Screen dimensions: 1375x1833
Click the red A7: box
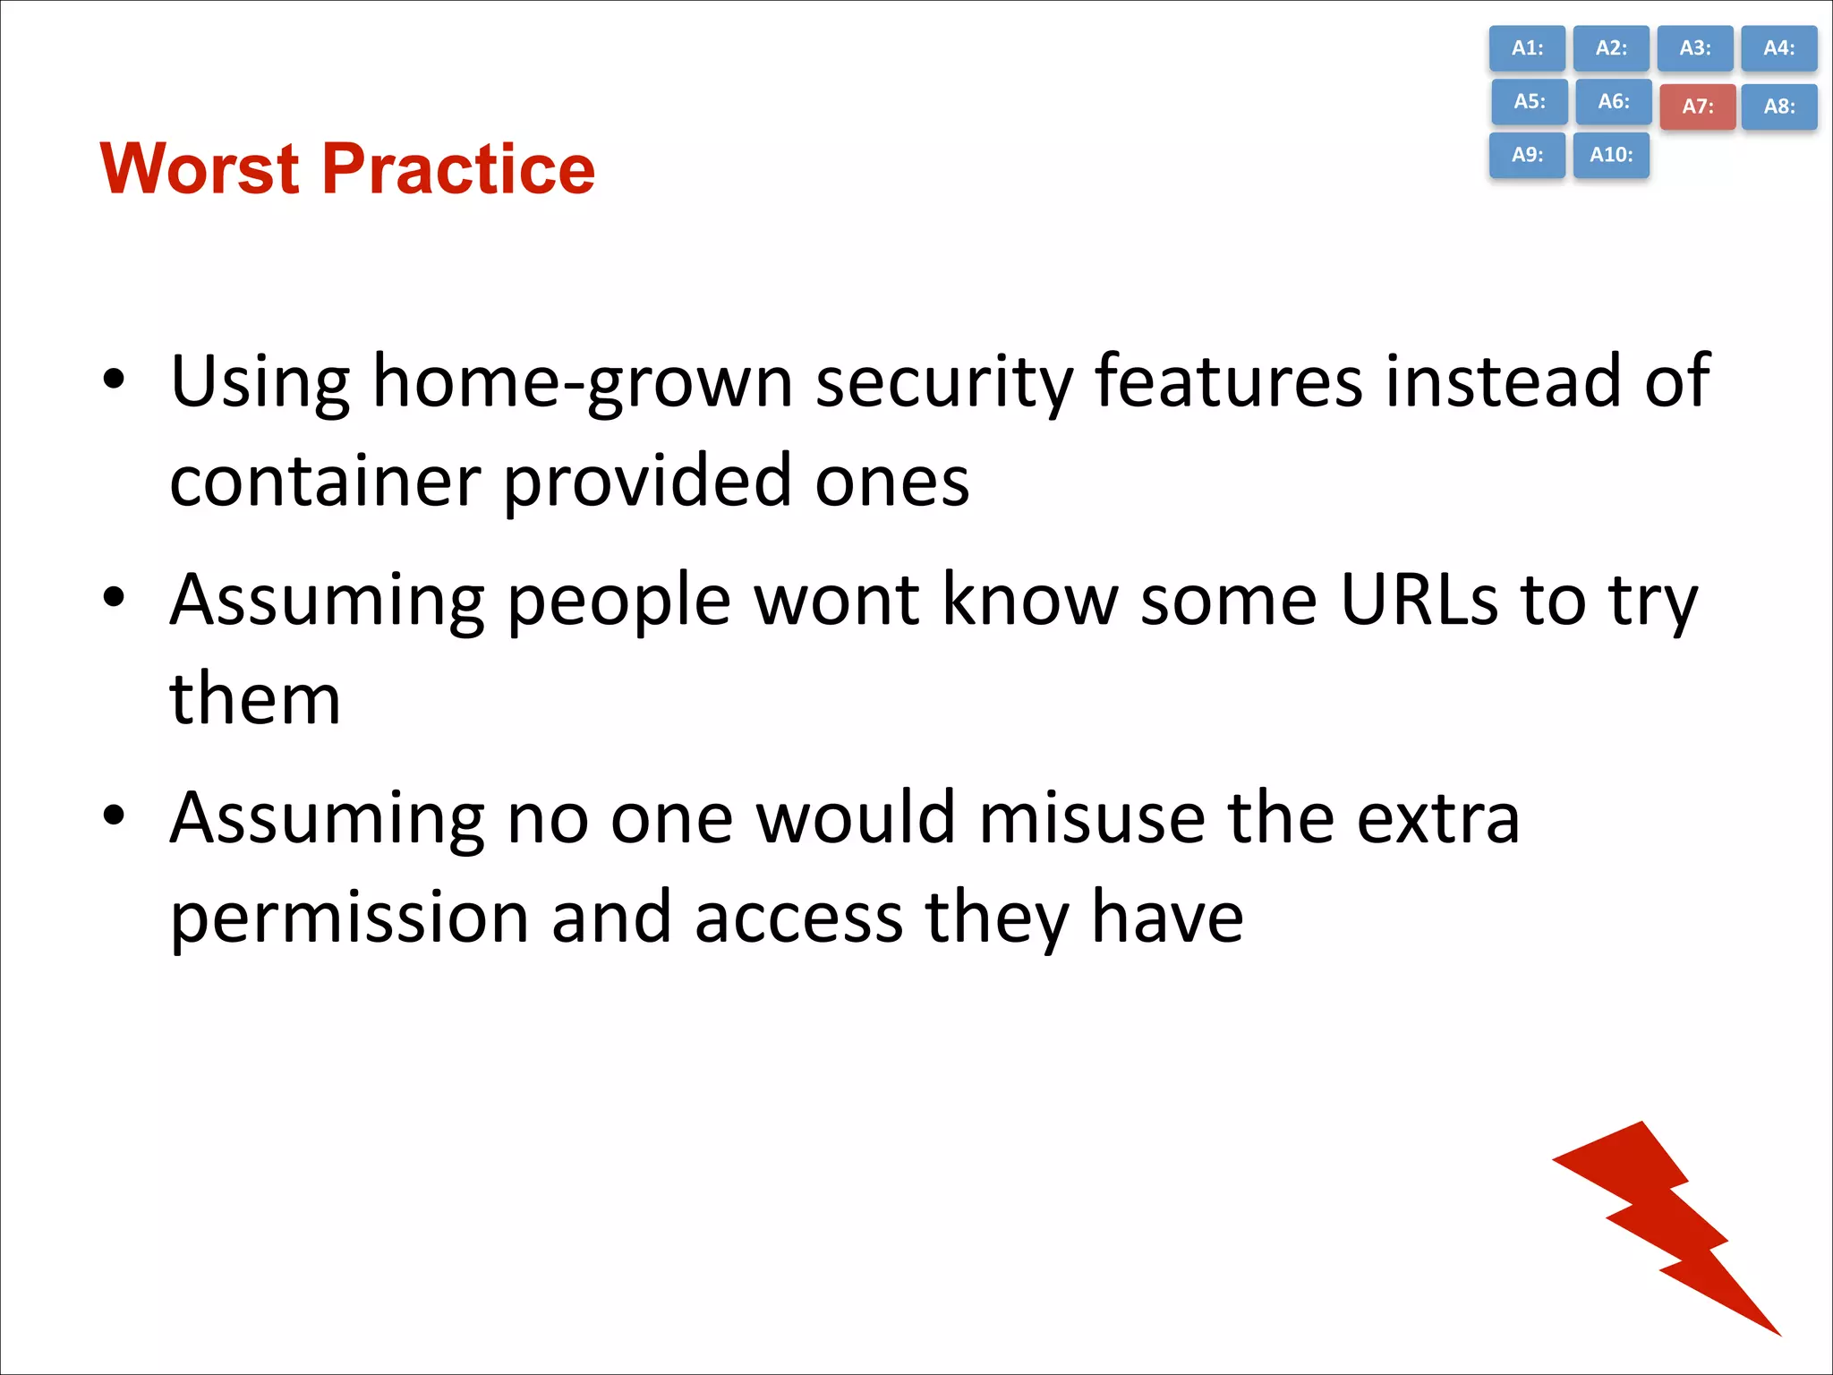(x=1697, y=107)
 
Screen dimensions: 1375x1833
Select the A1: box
(x=1527, y=48)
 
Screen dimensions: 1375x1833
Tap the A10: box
(x=1611, y=155)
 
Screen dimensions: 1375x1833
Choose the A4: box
(x=1778, y=48)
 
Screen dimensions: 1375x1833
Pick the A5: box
(x=1529, y=101)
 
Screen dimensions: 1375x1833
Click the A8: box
(x=1778, y=107)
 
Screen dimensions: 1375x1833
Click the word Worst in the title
(x=200, y=169)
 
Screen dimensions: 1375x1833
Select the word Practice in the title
(x=458, y=169)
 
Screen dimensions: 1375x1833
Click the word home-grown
(x=582, y=383)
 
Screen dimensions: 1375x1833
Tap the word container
(x=325, y=482)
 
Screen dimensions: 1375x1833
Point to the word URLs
(x=1419, y=600)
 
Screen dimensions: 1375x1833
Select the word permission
(x=349, y=918)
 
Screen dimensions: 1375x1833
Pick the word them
(x=255, y=699)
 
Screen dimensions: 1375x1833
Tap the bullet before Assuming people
(x=114, y=597)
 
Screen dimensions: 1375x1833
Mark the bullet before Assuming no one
(x=114, y=816)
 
